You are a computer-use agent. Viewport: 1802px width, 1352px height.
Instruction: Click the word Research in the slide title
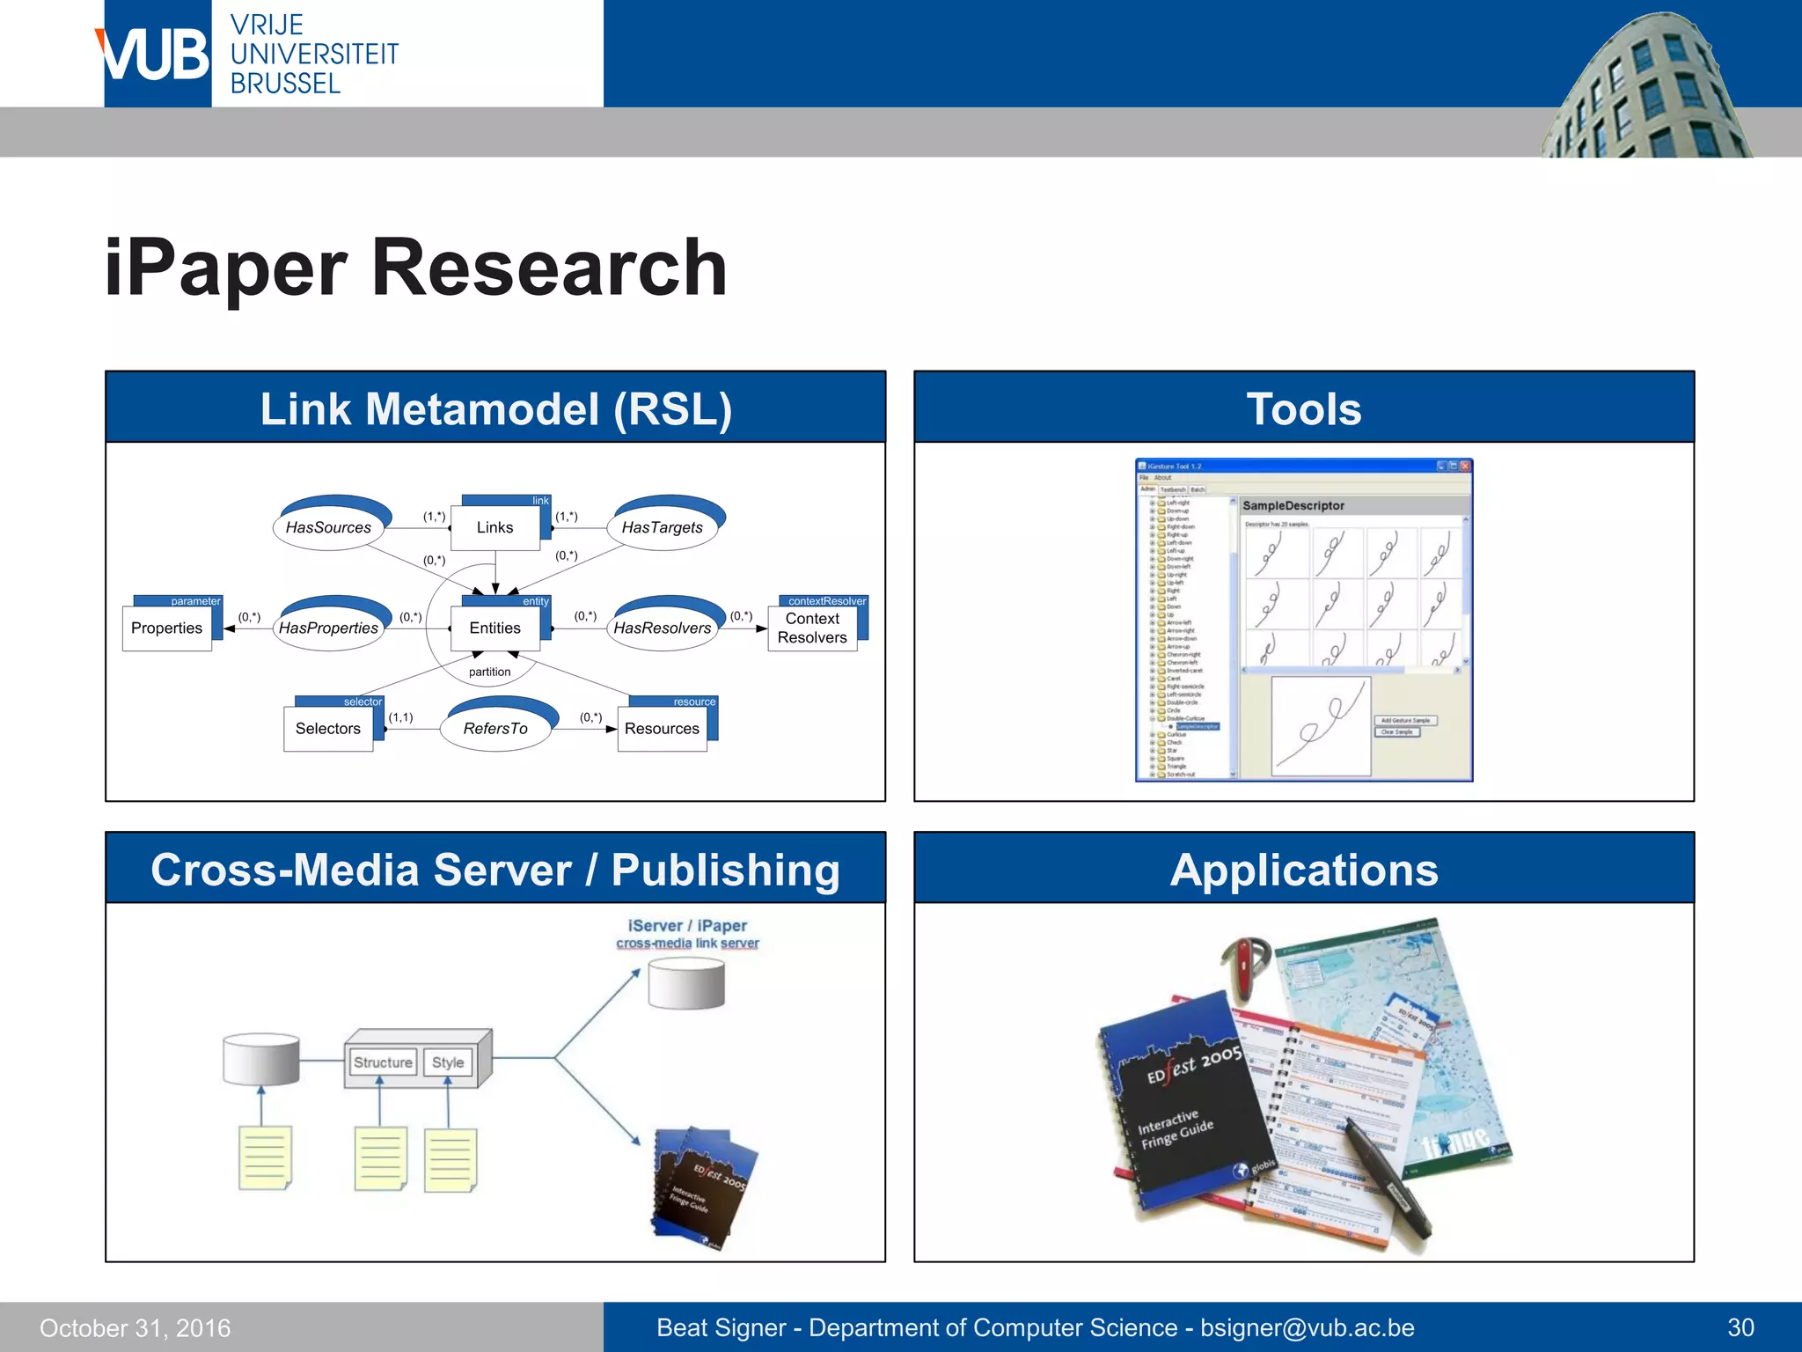(549, 268)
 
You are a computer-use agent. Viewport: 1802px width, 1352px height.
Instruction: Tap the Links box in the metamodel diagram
(494, 527)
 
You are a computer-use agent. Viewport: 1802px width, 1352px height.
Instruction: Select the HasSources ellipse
(329, 526)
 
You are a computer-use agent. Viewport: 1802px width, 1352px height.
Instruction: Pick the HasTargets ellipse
(663, 526)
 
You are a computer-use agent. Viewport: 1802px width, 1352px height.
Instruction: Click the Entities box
(494, 628)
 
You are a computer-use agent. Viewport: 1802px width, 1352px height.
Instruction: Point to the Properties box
(167, 628)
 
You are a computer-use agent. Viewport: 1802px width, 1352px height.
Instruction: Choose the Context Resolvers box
(812, 628)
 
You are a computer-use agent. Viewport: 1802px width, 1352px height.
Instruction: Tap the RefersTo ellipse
(495, 727)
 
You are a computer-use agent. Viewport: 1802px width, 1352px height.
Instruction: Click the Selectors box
(328, 728)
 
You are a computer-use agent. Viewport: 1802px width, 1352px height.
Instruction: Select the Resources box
(662, 728)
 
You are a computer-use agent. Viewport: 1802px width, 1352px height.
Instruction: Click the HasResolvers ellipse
(663, 627)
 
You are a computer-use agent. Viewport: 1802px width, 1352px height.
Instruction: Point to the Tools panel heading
(1303, 408)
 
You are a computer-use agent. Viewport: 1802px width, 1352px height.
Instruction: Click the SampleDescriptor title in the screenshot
(1293, 505)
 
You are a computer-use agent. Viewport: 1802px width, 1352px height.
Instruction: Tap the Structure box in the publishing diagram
(383, 1062)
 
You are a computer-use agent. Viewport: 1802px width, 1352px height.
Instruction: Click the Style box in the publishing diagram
(448, 1062)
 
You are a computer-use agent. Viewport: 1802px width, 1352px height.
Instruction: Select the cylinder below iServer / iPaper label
(686, 984)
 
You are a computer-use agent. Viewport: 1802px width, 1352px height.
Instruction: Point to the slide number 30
(1740, 1327)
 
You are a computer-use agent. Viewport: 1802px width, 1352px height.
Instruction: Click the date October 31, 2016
(136, 1327)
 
